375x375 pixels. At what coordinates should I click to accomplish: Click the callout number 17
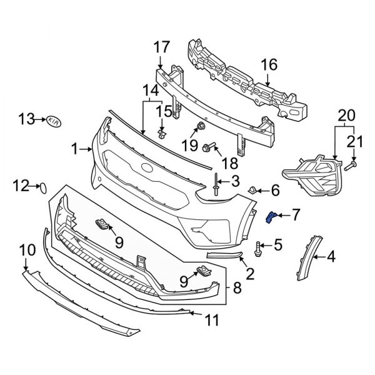pyautogui.click(x=161, y=47)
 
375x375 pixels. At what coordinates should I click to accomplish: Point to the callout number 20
pyautogui.click(x=346, y=116)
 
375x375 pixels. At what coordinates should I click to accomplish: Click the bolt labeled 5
pyautogui.click(x=258, y=250)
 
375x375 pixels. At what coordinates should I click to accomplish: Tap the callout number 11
pyautogui.click(x=212, y=320)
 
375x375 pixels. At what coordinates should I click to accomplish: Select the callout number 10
pyautogui.click(x=27, y=251)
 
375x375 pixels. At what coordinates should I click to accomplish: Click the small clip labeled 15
pyautogui.click(x=162, y=132)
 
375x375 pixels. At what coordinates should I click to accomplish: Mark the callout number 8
pyautogui.click(x=237, y=288)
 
